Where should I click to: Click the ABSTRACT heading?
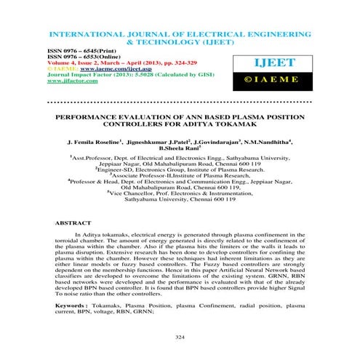coord(72,222)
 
